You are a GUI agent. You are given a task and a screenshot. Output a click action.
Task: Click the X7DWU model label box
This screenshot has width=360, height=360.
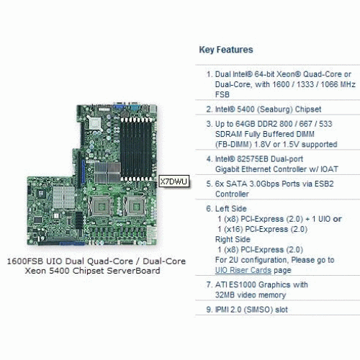(x=174, y=181)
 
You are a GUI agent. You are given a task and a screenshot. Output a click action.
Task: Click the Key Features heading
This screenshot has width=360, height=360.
(x=226, y=50)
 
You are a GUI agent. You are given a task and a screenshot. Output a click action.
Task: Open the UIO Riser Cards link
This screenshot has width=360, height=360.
(x=243, y=270)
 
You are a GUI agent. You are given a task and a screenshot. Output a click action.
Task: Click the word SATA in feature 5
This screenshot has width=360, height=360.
(x=237, y=184)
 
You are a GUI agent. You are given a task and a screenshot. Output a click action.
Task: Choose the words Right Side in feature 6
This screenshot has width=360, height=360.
(x=233, y=239)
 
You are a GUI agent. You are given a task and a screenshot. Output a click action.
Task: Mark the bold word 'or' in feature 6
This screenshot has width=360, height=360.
(x=337, y=219)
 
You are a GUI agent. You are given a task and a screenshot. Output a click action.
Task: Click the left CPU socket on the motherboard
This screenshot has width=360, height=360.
(x=101, y=207)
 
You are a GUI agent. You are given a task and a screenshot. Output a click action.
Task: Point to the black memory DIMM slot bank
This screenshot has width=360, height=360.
(x=136, y=148)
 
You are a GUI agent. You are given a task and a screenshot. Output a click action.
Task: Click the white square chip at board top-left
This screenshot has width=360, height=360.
(x=95, y=124)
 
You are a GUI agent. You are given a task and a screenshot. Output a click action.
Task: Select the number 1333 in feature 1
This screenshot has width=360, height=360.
(x=305, y=84)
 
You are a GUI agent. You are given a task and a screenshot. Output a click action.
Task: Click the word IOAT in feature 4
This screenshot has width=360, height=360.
(x=329, y=169)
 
